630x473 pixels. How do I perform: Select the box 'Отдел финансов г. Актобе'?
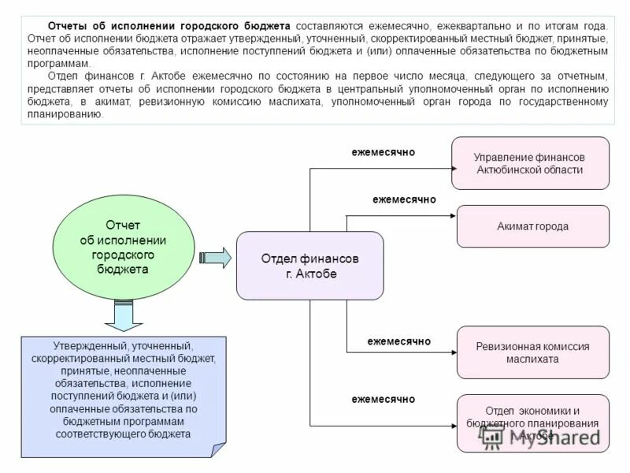(309, 266)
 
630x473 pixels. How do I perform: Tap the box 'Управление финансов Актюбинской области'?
(529, 163)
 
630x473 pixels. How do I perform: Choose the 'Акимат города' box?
(532, 226)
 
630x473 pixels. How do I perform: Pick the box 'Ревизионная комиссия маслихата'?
(532, 352)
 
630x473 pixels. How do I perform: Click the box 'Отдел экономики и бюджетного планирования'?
(532, 423)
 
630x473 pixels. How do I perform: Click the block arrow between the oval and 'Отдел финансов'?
(214, 258)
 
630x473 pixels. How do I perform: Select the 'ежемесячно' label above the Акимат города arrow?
(404, 200)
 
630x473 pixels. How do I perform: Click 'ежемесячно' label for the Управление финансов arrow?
(383, 151)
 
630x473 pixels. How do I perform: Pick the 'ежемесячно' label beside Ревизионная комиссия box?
(399, 341)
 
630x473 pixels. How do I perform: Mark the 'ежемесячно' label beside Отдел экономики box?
(383, 400)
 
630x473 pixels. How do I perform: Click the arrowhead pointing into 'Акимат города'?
(453, 215)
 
